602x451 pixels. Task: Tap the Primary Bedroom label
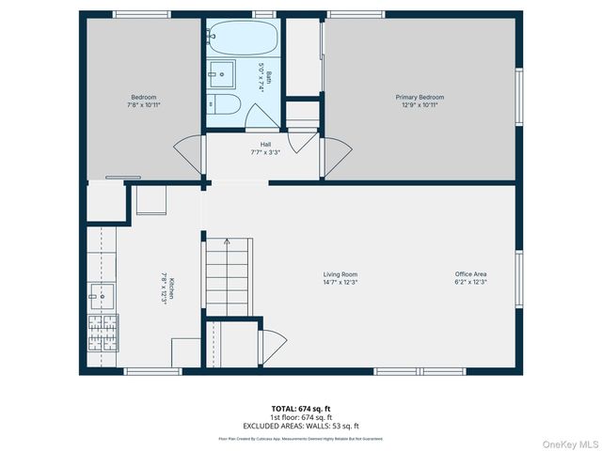point(419,101)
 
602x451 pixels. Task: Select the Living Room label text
point(341,278)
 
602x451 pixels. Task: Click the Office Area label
point(470,278)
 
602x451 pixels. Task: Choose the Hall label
point(265,148)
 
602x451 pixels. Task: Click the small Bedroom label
point(143,101)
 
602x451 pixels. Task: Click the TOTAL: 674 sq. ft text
point(302,408)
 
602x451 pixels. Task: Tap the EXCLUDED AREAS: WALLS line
point(302,426)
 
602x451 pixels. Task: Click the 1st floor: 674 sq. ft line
point(302,417)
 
